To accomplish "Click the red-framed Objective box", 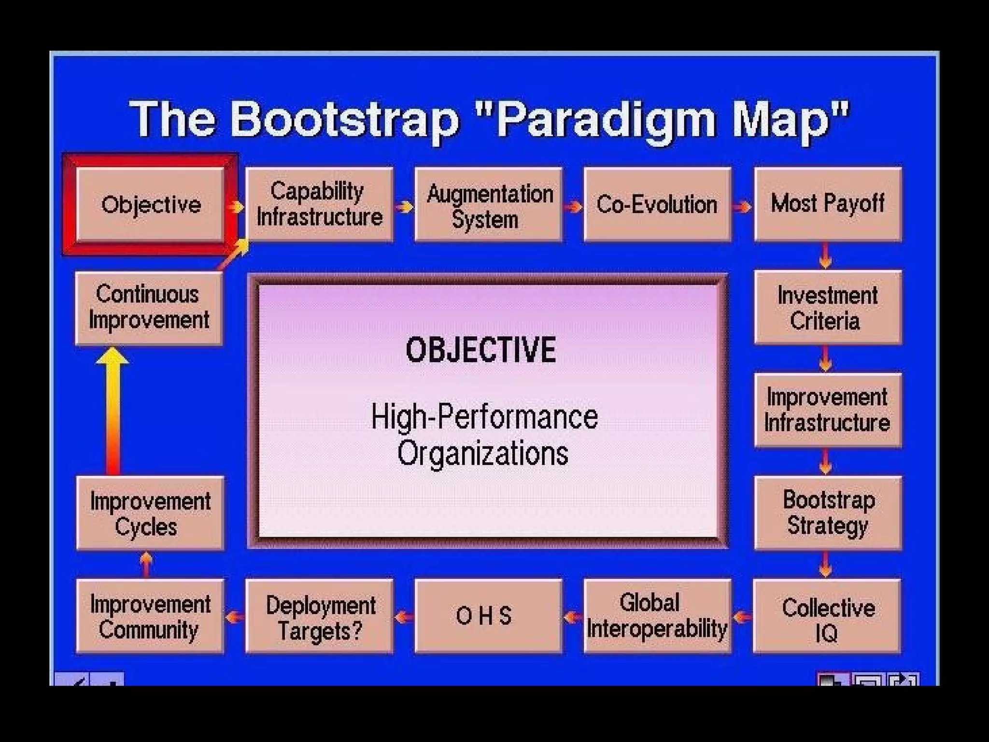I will coord(150,204).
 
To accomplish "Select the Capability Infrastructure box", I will coord(319,204).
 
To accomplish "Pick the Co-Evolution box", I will coord(657,204).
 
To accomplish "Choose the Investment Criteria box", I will coord(828,308).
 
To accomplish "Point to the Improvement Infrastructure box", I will coord(828,410).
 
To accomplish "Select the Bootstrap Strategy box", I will coord(828,513).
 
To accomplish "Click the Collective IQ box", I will coord(827,616).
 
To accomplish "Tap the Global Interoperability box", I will coord(657,616).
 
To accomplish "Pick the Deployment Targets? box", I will coord(319,616).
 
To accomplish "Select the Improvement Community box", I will coord(150,616).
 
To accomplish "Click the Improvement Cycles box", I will coord(150,513).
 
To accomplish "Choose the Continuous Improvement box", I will coord(149,308).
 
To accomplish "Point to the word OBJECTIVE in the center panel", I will coord(480,350).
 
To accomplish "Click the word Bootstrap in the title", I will coord(344,119).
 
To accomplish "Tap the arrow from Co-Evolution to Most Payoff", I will coord(742,207).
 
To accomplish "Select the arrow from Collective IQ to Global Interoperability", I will coord(742,617).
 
